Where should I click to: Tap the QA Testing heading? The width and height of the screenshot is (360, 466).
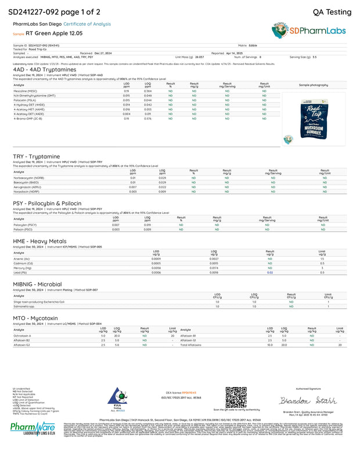(x=332, y=11)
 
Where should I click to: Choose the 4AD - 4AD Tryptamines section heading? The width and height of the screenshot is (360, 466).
(x=39, y=69)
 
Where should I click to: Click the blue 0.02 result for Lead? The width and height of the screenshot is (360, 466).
(x=269, y=272)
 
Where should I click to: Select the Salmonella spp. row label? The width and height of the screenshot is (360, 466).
(x=23, y=306)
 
